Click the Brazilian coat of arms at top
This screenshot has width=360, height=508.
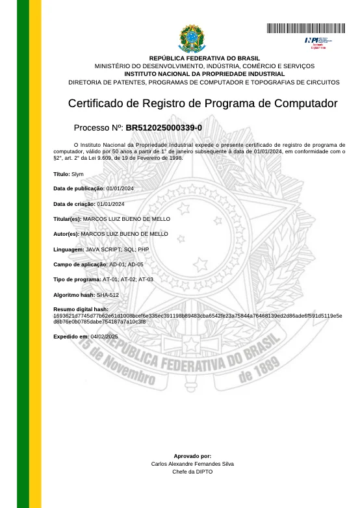[192, 39]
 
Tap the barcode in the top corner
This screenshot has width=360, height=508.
[305, 28]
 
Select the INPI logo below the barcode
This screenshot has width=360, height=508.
[315, 42]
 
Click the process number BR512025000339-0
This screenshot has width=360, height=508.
[163, 127]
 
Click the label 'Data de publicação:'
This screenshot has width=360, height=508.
[79, 188]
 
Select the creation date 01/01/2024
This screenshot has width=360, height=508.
[110, 204]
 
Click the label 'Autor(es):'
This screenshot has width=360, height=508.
[66, 234]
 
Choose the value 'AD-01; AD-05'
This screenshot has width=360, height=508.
[126, 264]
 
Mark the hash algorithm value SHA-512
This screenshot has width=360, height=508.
[107, 295]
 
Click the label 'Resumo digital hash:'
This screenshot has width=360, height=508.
[81, 309]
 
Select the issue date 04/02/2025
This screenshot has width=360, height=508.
[105, 337]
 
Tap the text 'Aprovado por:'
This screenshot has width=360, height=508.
[192, 456]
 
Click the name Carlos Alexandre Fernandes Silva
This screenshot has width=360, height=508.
[192, 464]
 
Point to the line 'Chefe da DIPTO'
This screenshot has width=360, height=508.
[192, 472]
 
